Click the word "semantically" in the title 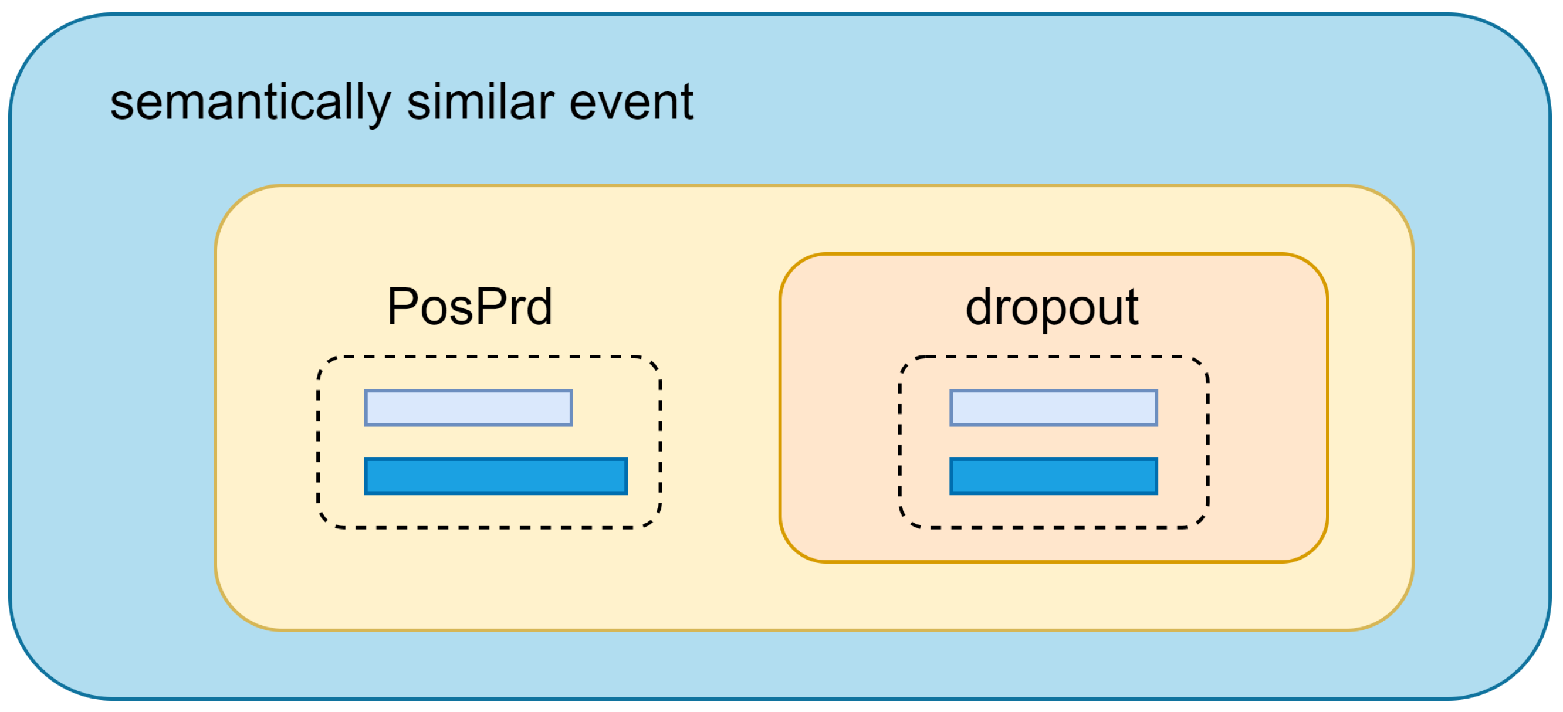point(250,103)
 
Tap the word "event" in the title point(631,103)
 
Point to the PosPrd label point(469,307)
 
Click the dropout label point(1051,308)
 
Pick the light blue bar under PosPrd point(468,408)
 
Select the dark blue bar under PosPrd point(495,476)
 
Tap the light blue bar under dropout point(1053,408)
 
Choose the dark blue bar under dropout point(1053,476)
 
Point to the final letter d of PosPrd point(539,307)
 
